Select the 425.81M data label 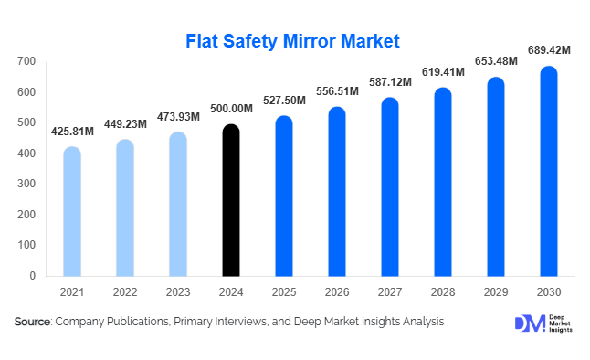point(72,132)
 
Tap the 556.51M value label point(337,92)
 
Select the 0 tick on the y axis point(32,275)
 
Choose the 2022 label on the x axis point(125,293)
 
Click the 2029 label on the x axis point(496,293)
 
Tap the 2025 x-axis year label point(284,293)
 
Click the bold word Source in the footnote point(32,322)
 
